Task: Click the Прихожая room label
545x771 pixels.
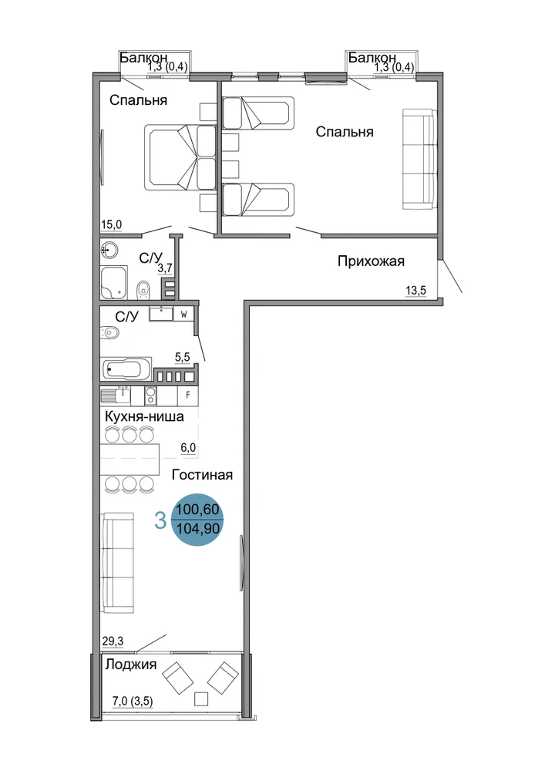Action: [371, 261]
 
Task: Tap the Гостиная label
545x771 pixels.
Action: [202, 475]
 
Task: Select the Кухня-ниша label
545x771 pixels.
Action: [144, 416]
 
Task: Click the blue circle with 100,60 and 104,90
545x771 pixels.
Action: [197, 520]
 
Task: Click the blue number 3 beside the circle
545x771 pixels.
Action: [160, 520]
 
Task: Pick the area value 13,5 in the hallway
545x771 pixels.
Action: [415, 291]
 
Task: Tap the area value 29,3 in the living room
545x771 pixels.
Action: [113, 641]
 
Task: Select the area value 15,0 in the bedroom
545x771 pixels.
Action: [111, 225]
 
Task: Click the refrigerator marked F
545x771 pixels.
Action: [187, 396]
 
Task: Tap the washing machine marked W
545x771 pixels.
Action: [183, 314]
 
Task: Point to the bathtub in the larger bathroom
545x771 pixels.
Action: [126, 369]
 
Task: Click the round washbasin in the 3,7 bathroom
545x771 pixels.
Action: [109, 250]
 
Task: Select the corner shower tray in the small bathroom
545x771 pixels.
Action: [114, 283]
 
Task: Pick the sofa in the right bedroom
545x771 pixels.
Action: [419, 159]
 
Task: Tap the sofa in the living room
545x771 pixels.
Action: [117, 563]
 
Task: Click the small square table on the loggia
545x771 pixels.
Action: [201, 699]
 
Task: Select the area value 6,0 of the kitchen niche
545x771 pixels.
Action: [188, 448]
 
